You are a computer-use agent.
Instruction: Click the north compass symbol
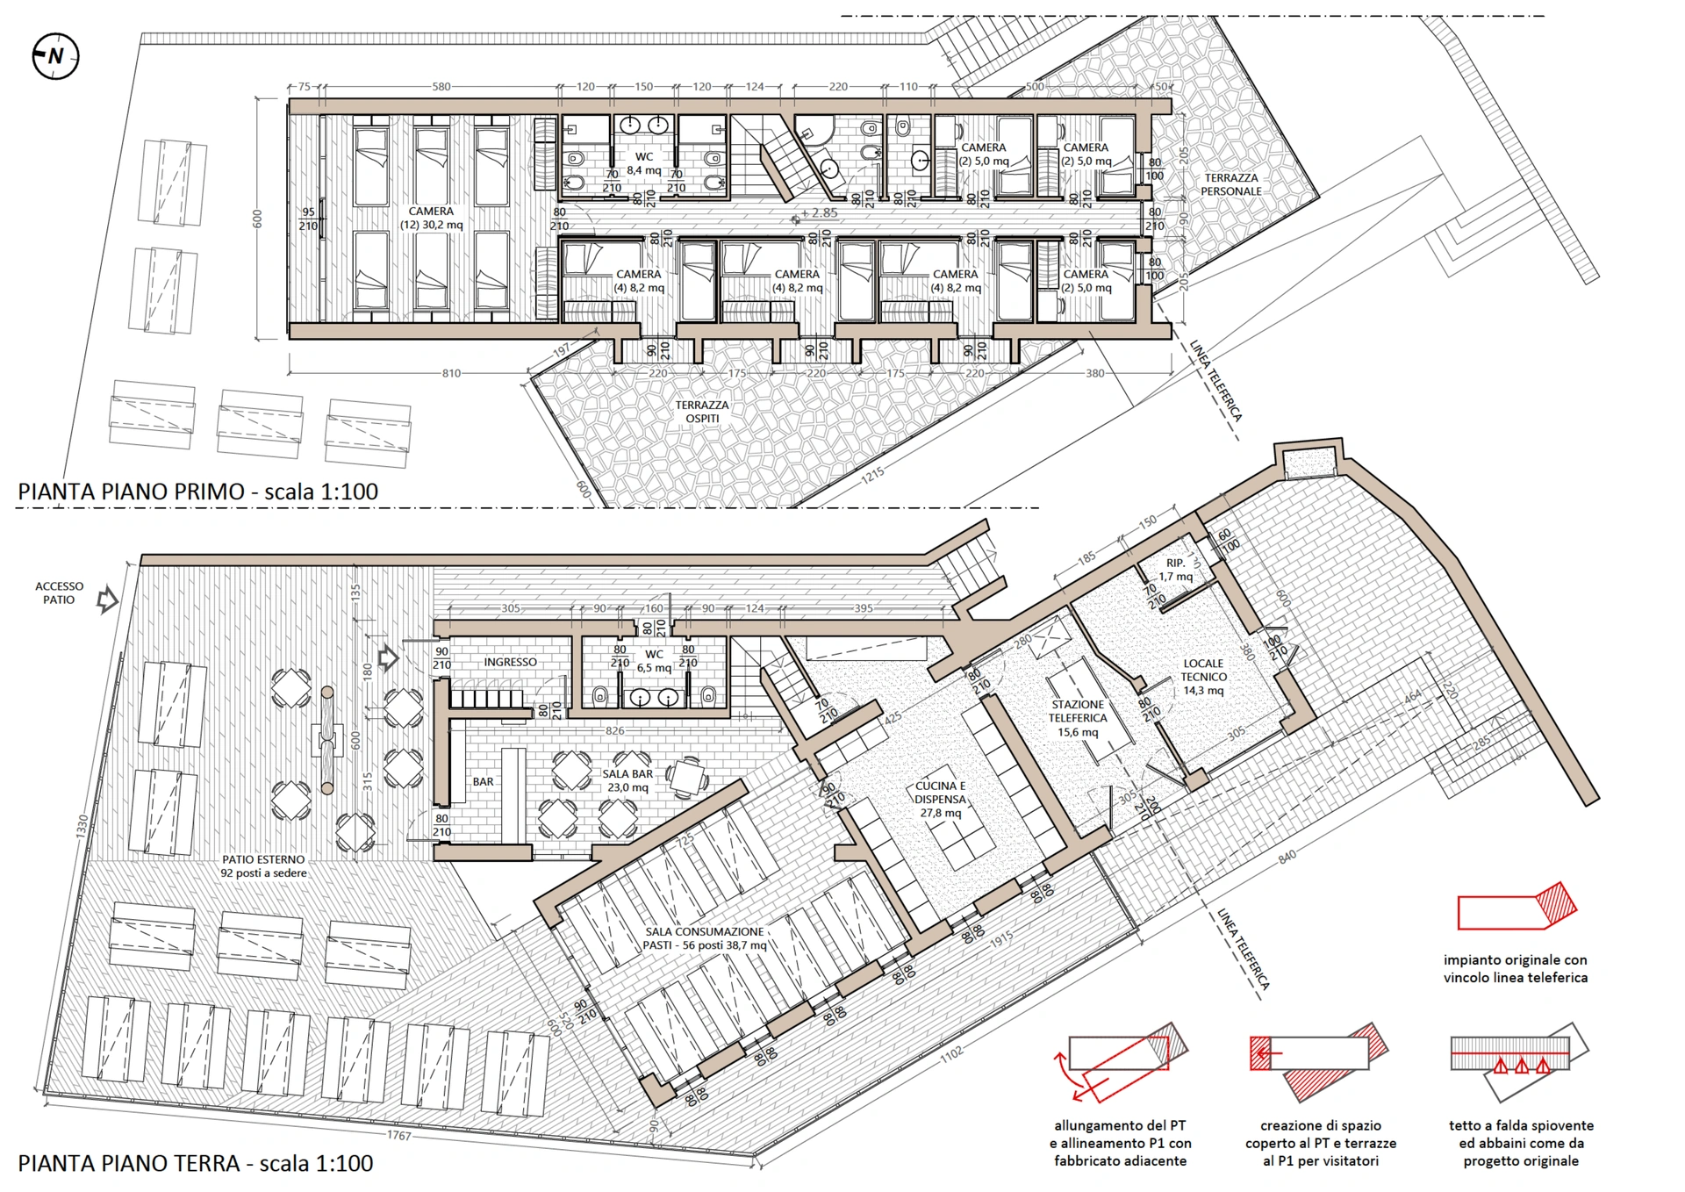[x=55, y=56]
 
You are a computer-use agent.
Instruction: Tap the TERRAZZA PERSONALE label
[x=1230, y=184]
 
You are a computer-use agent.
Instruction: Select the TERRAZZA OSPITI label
[x=701, y=412]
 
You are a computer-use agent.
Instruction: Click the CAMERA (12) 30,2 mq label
[x=431, y=218]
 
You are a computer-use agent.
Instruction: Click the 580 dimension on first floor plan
[x=441, y=87]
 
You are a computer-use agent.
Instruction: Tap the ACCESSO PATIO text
[x=59, y=592]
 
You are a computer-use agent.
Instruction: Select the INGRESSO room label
[x=510, y=662]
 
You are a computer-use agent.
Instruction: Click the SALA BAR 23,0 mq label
[x=627, y=780]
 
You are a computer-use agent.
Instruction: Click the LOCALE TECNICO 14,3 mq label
[x=1203, y=677]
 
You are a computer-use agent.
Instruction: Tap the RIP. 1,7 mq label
[x=1175, y=570]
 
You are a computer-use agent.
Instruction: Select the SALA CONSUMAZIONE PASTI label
[x=705, y=938]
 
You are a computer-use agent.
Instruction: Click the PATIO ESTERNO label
[x=263, y=866]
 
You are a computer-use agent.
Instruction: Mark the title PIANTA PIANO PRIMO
[x=131, y=491]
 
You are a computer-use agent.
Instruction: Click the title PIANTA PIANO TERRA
[x=128, y=1163]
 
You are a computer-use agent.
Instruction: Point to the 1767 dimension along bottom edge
[x=399, y=1135]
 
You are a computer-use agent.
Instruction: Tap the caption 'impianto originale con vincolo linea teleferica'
[x=1516, y=968]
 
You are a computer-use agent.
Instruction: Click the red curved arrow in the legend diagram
[x=1064, y=1075]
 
